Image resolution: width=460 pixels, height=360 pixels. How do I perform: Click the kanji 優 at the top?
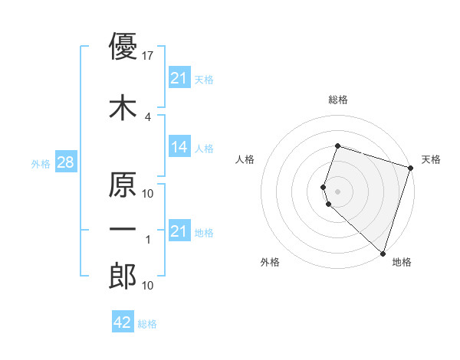click(123, 47)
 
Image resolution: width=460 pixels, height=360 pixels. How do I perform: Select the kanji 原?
click(123, 185)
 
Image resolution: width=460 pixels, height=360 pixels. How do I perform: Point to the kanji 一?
click(123, 231)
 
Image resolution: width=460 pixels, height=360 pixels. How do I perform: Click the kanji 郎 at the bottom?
click(123, 277)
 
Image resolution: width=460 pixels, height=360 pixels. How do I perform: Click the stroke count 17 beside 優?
click(148, 56)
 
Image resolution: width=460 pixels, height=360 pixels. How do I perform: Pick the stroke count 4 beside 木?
click(148, 117)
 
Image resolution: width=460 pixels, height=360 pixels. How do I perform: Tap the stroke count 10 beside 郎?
click(148, 286)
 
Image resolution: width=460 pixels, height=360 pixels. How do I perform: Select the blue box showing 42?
click(123, 322)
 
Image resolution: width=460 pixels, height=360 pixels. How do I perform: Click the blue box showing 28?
click(65, 162)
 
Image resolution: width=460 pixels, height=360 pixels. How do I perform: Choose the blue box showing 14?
click(179, 147)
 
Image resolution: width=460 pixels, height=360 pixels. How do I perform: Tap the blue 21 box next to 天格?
click(179, 78)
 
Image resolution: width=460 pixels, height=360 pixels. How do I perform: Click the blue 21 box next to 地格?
click(179, 231)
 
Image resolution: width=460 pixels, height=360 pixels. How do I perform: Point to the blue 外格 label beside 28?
click(41, 163)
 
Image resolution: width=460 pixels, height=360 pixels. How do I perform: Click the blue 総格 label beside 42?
click(147, 324)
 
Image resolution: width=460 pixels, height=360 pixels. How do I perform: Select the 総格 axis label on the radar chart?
click(338, 100)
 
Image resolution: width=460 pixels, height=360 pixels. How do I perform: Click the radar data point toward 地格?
click(383, 253)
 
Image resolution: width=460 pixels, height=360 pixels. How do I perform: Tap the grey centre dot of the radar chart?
click(338, 191)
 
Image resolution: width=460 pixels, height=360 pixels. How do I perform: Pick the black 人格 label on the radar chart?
click(245, 159)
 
